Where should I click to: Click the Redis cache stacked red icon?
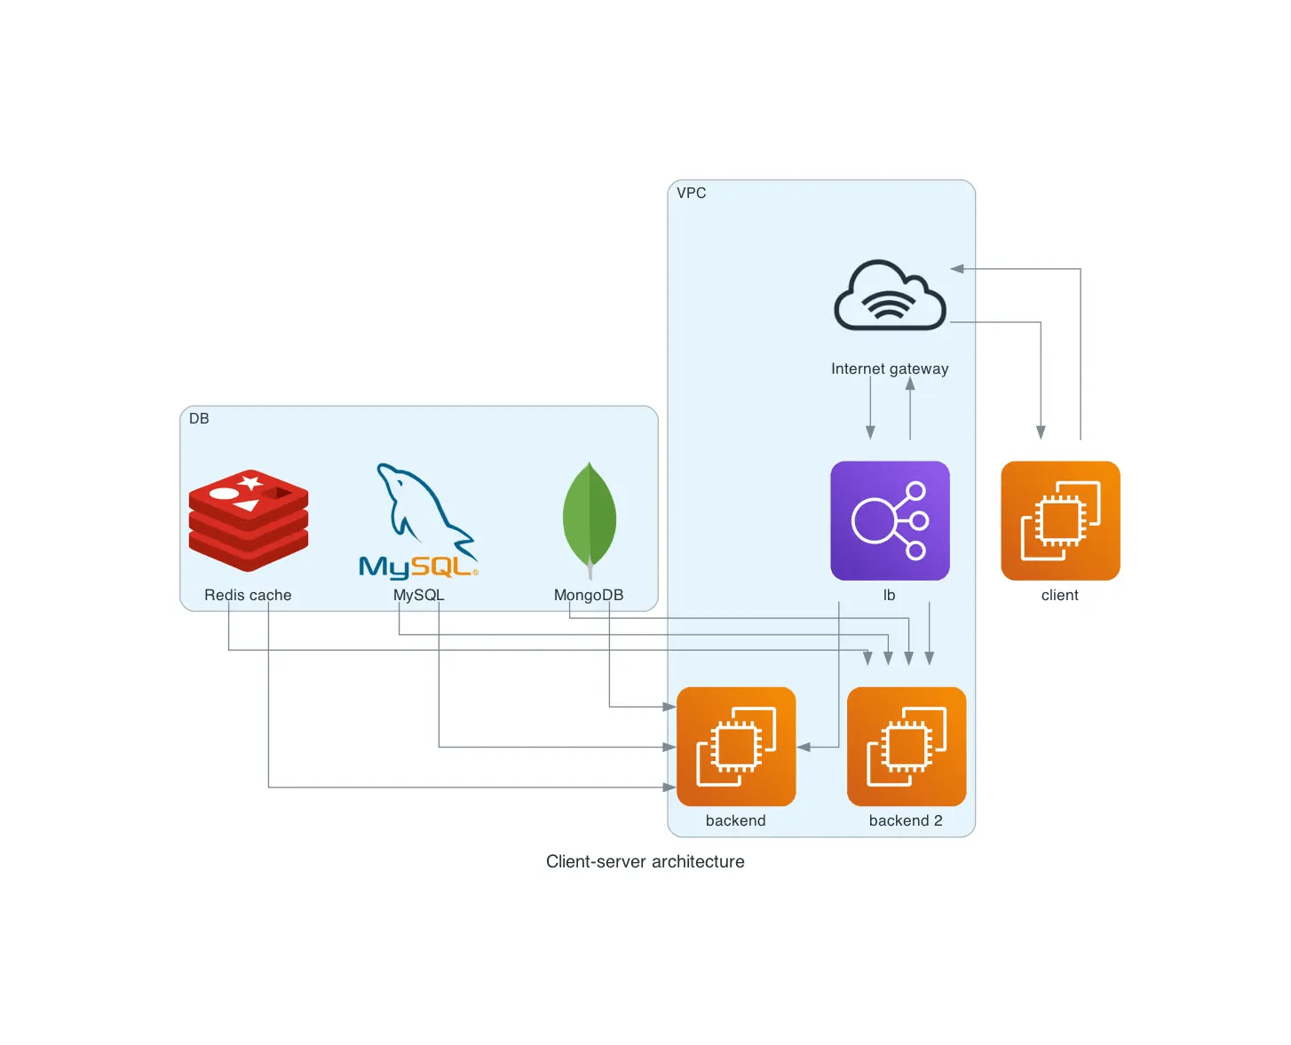click(x=249, y=520)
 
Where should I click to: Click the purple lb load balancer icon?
click(x=890, y=520)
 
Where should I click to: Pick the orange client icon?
click(x=1060, y=520)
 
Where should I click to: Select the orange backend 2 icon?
click(x=907, y=747)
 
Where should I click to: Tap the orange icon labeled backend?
click(x=736, y=747)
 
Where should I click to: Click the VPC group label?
click(x=692, y=193)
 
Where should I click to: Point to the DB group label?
click(x=199, y=418)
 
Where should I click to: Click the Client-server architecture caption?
click(x=645, y=861)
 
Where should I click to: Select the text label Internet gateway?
click(x=890, y=368)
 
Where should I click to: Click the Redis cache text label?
click(x=248, y=595)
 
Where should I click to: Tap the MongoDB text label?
click(x=589, y=595)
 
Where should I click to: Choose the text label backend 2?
click(x=906, y=820)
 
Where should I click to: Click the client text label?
click(x=1060, y=595)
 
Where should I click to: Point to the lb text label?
click(x=889, y=595)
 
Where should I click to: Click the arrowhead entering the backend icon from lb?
click(x=804, y=748)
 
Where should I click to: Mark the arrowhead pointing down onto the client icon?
click(x=1041, y=432)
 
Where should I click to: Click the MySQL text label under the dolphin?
click(x=418, y=595)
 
